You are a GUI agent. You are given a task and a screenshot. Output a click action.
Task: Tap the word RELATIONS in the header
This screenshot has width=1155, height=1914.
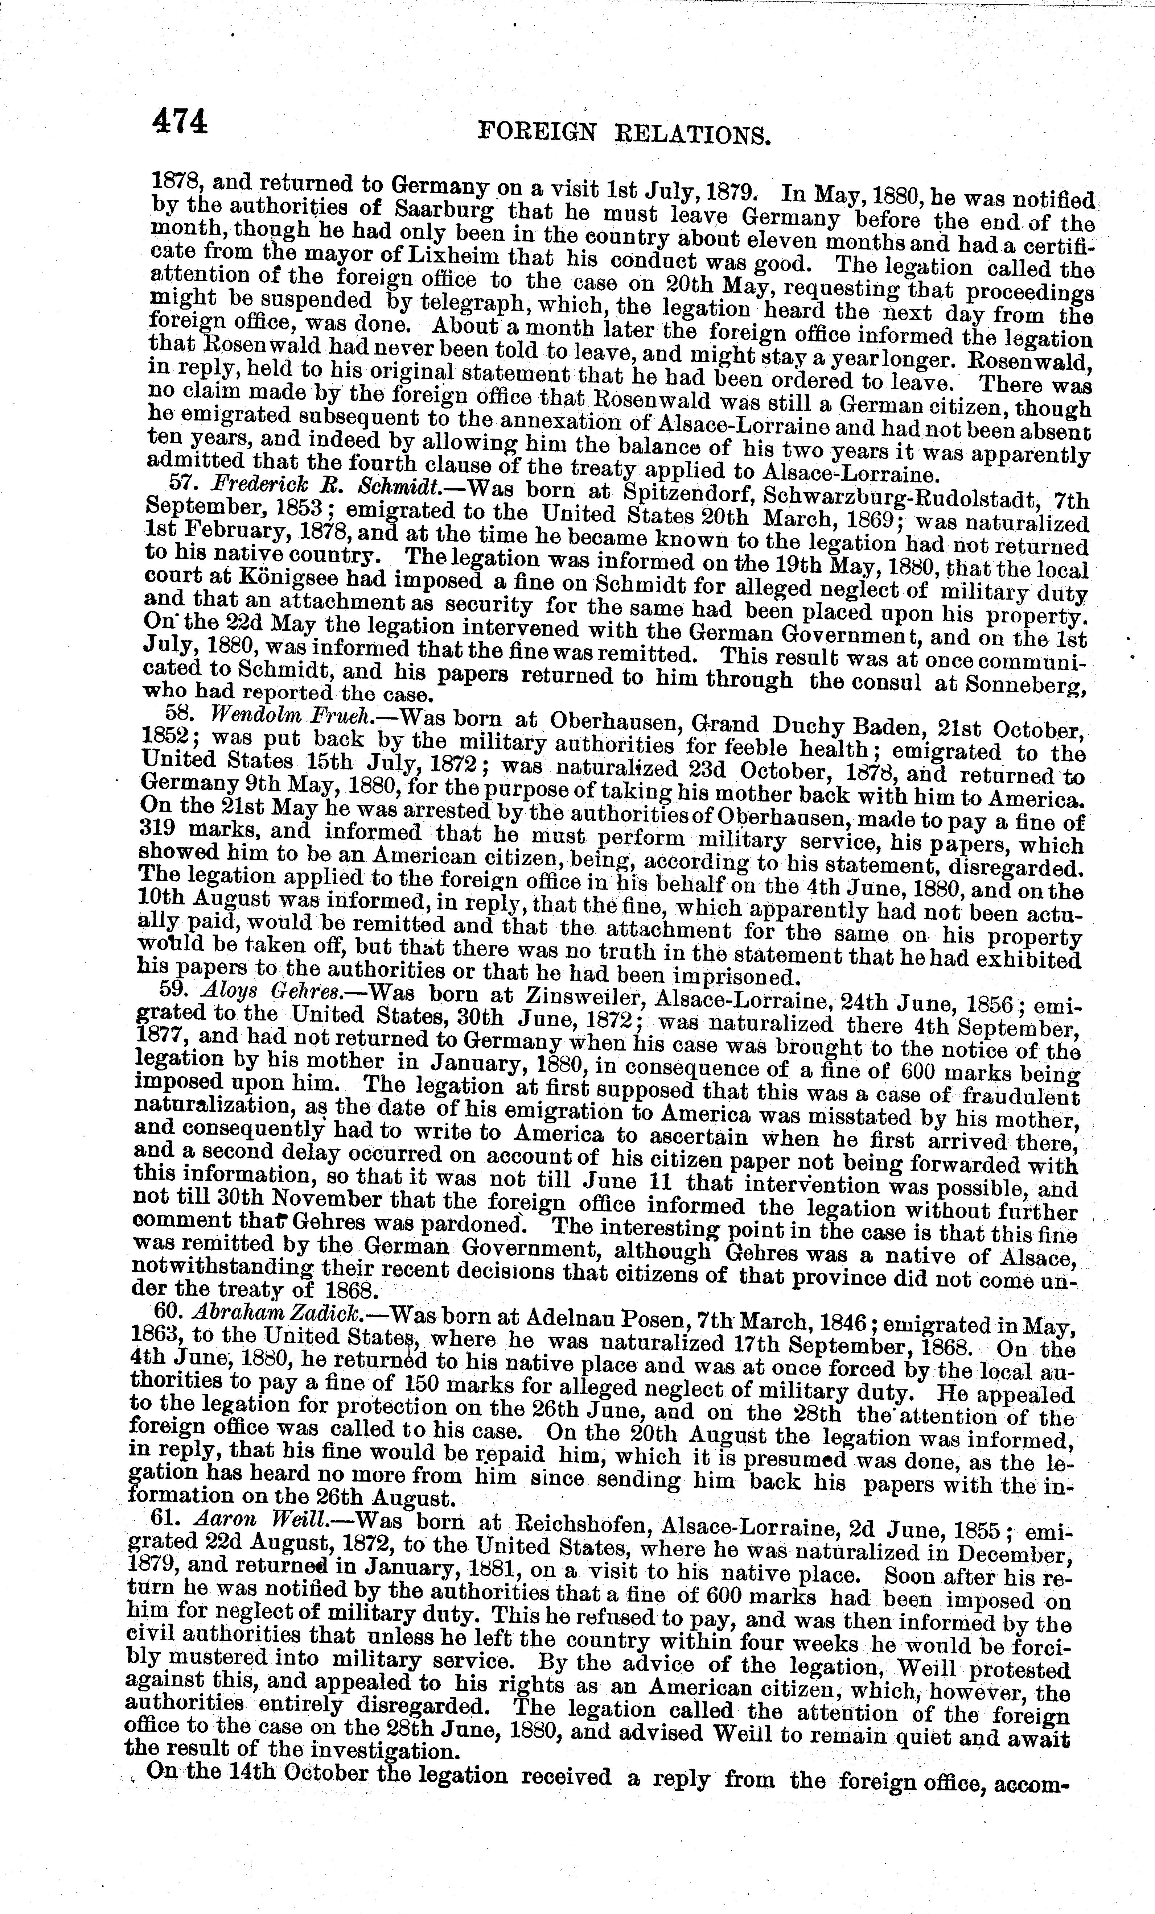click(690, 137)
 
